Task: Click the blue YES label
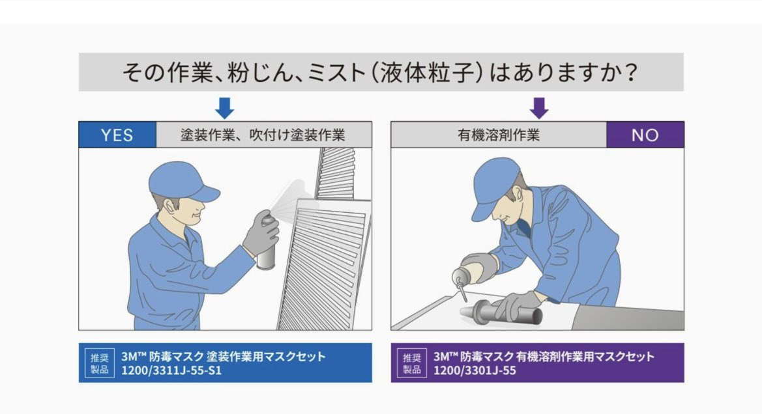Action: tap(117, 135)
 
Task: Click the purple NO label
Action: tap(645, 135)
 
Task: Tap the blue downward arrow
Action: tap(224, 107)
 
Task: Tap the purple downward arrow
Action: tap(539, 107)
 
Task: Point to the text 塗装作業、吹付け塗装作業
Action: tap(263, 135)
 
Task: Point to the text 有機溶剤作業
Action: tap(499, 135)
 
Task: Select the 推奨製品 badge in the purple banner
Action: tap(412, 363)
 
